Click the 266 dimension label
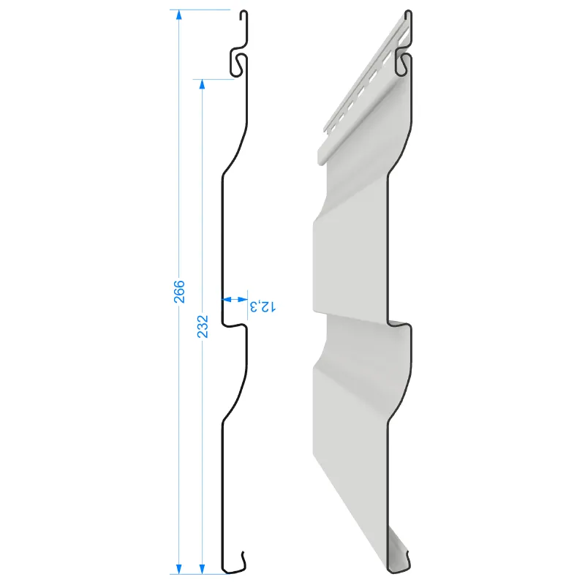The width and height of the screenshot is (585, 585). coord(179,291)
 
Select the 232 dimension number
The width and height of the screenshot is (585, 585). coord(203,326)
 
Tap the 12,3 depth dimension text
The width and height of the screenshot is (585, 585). coord(263,306)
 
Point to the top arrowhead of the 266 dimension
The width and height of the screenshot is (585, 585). coord(178,15)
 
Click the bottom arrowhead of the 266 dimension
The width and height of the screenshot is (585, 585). coord(178,569)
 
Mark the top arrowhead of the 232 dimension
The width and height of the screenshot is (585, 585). coord(203,84)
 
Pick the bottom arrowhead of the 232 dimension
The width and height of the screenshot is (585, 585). coord(203,569)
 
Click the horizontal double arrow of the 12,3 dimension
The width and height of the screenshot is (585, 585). coord(235,299)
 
